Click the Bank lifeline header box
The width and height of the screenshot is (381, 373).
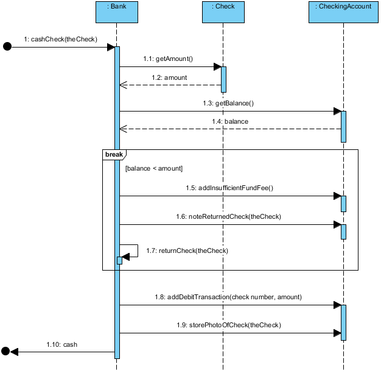pos(116,12)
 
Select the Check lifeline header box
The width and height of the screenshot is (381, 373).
pos(223,12)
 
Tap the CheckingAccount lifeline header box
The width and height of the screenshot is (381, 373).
pos(343,12)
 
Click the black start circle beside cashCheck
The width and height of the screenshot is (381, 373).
pos(7,47)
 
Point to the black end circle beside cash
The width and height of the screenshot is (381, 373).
pos(6,351)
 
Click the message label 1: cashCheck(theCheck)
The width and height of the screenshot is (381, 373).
pos(60,40)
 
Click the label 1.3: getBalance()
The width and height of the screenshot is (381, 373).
pos(228,104)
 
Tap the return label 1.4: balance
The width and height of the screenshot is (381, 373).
pos(228,122)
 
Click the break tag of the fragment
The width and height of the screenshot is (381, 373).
pos(114,155)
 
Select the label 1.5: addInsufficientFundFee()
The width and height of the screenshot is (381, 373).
pos(229,188)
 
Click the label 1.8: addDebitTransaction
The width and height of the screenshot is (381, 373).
pos(228,297)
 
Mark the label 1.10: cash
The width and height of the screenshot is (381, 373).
pos(62,345)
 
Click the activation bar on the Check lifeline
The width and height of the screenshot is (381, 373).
pos(223,79)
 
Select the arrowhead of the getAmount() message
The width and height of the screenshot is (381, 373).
pos(217,66)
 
